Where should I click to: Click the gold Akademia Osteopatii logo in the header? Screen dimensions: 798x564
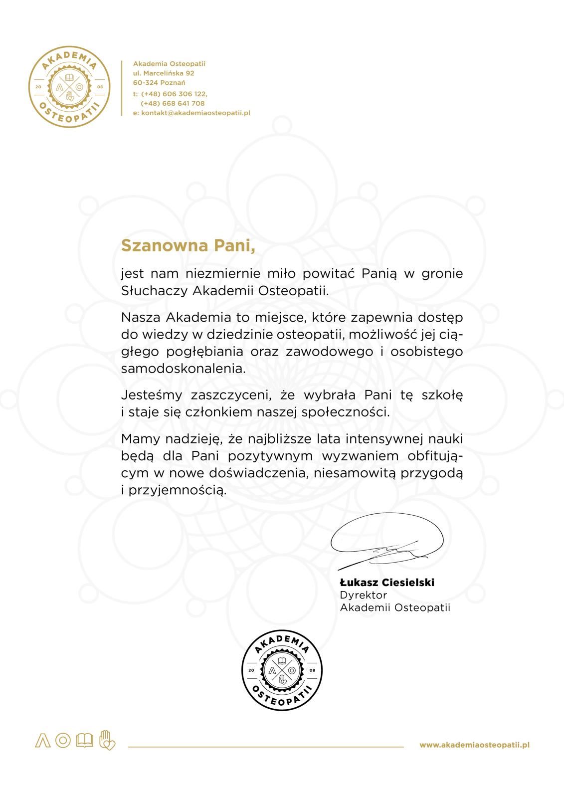coord(69,88)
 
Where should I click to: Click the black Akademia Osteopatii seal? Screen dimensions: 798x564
coord(282,670)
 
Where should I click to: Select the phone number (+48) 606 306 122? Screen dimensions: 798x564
coord(174,94)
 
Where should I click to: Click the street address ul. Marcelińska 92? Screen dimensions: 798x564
coord(164,73)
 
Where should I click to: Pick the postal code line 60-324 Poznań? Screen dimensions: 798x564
coord(159,83)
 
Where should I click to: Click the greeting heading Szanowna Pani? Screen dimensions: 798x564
coord(188,246)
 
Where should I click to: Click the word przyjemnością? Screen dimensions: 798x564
coord(177,490)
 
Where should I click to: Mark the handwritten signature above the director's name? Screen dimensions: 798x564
coord(387,541)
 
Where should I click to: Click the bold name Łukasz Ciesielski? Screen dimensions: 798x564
coord(387,583)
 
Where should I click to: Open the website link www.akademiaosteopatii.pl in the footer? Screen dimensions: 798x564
coord(474,745)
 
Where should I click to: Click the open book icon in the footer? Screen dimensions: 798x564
coord(84,741)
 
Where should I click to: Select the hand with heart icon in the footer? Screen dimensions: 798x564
coord(107,740)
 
